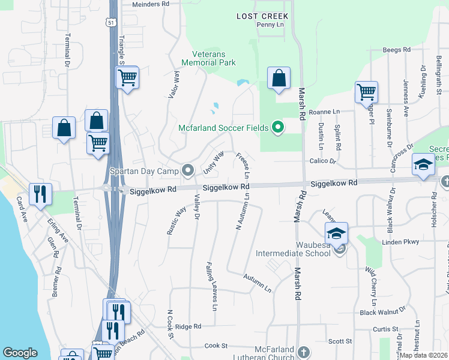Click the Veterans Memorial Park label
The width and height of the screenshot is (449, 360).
coord(209,58)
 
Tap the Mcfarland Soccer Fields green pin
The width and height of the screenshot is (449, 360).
coord(277,127)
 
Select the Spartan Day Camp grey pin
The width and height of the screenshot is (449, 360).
coord(189,172)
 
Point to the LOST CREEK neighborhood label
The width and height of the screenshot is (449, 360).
coord(262,16)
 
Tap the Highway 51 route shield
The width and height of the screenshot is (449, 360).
coord(109,22)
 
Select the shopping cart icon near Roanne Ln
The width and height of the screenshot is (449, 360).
coord(366,93)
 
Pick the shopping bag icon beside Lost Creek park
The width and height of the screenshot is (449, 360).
coord(279,78)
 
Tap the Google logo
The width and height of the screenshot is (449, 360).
coord(20,353)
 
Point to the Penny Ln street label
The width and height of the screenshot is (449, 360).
coord(270,25)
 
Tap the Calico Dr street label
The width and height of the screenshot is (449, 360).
coord(323,161)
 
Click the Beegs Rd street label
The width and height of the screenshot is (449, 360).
coord(396,49)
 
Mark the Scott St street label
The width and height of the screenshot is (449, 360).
coord(340,341)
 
